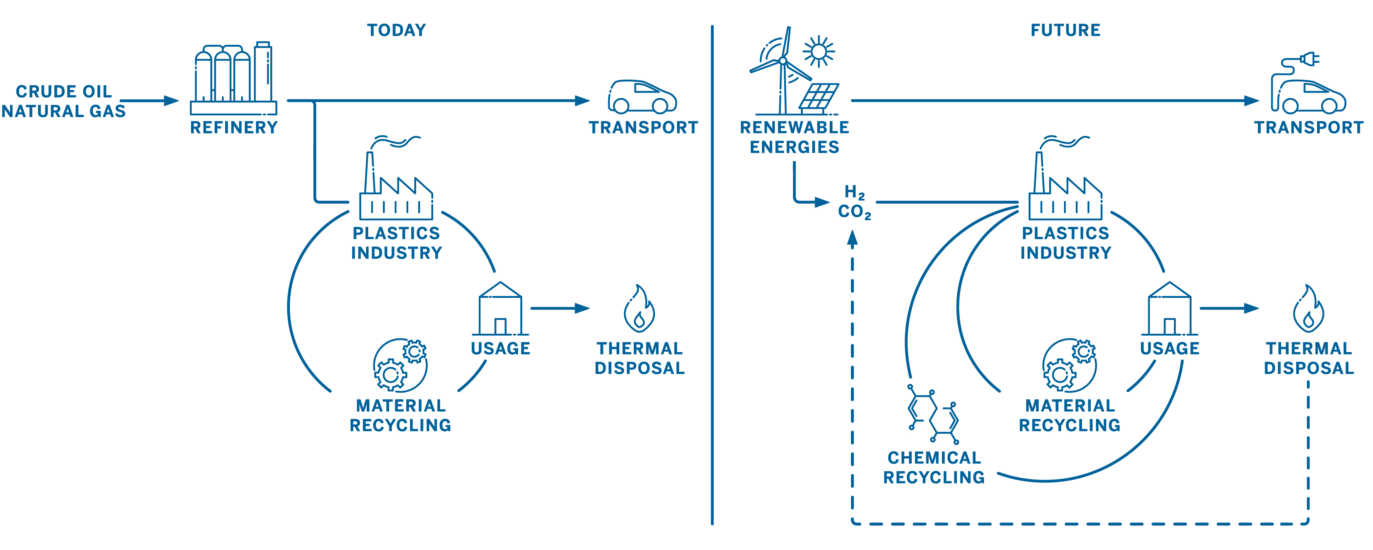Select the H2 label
pos(854,192)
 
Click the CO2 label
pos(854,212)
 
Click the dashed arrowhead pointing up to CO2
pos(853,238)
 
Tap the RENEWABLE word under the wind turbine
pos(794,128)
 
